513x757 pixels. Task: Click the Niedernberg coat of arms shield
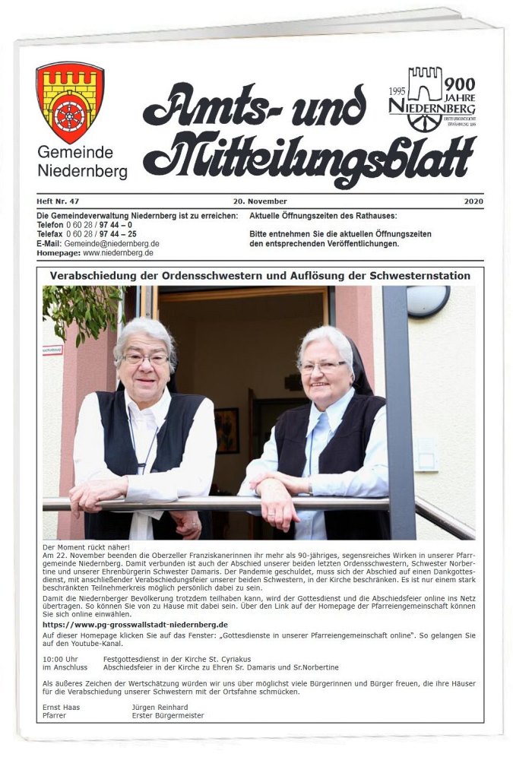tap(70, 102)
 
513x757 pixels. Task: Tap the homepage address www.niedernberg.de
tap(118, 252)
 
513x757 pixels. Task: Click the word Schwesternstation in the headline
tap(416, 275)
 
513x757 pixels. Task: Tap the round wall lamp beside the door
tap(428, 301)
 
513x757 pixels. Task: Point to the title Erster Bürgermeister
tap(168, 715)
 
